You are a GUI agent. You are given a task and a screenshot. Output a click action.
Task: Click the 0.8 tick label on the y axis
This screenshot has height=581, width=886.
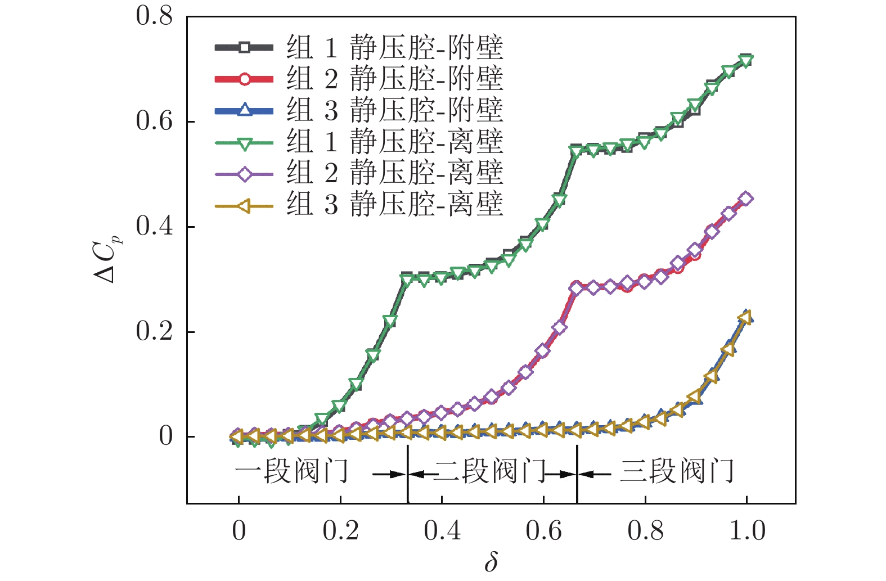(x=155, y=16)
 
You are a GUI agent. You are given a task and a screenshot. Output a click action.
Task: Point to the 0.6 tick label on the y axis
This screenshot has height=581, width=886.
(x=155, y=121)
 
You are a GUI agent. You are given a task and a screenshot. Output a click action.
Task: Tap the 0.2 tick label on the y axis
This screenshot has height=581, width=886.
(x=155, y=331)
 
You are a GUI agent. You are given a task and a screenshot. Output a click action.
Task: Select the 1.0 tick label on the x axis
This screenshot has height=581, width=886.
(x=747, y=531)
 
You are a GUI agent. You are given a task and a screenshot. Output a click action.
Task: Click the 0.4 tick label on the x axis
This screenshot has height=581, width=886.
(x=442, y=531)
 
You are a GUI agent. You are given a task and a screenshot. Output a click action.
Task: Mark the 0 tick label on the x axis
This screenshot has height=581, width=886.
(x=239, y=531)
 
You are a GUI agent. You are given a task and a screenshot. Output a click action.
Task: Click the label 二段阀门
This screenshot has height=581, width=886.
(x=489, y=471)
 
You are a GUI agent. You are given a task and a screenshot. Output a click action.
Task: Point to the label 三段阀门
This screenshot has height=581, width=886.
(x=677, y=471)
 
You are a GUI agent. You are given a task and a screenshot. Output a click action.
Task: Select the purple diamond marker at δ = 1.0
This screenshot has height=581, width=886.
(x=746, y=199)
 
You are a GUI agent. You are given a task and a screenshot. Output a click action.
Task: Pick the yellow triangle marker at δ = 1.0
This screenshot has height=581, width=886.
(x=745, y=318)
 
